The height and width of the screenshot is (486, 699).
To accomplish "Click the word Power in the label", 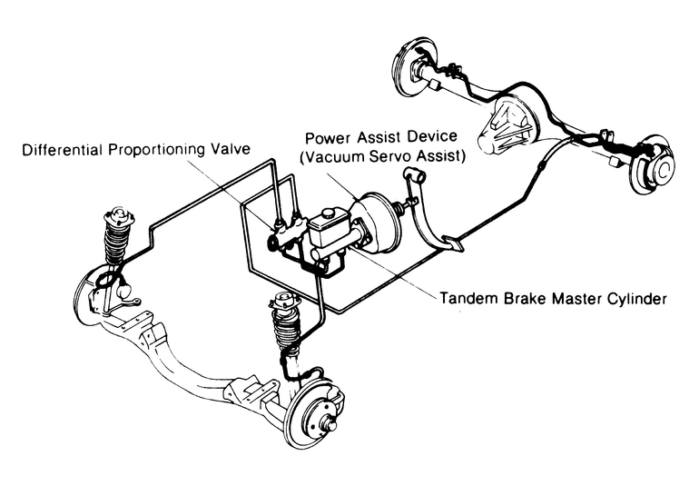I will click(x=326, y=138).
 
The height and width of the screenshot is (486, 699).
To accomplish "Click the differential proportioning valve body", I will click(x=277, y=243).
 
